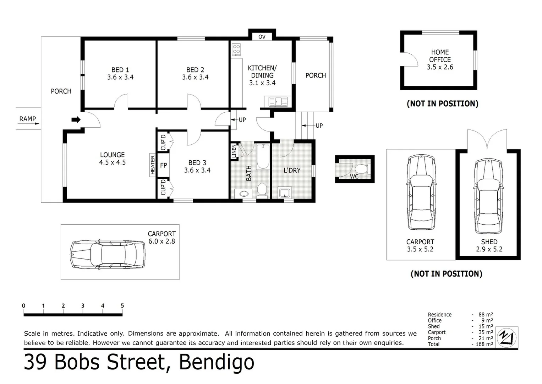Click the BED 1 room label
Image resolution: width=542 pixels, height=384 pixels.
pos(120,73)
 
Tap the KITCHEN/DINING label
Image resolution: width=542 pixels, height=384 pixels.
pos(262,75)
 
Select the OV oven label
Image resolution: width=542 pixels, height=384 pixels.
pos(262,37)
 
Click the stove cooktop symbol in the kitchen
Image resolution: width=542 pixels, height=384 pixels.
pos(236,50)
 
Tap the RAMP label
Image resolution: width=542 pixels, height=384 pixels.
pos(28,119)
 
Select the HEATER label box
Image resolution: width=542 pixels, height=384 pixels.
pos(153,165)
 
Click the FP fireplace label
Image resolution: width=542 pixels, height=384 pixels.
pos(164,165)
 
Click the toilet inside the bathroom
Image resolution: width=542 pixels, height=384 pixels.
pos(262,189)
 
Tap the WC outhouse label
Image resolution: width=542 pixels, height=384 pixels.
pos(354,176)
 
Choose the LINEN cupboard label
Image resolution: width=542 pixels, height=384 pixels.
pos(234,151)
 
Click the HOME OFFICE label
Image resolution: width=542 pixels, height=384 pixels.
pos(440,56)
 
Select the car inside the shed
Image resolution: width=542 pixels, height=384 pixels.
pos(488,196)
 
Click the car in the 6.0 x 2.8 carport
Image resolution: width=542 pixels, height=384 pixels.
pos(108,254)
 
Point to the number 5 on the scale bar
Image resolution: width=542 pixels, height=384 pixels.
pos(122,306)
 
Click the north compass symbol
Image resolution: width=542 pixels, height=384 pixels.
pos(507,337)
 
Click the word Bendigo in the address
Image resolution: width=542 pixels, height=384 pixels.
pos(217,362)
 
